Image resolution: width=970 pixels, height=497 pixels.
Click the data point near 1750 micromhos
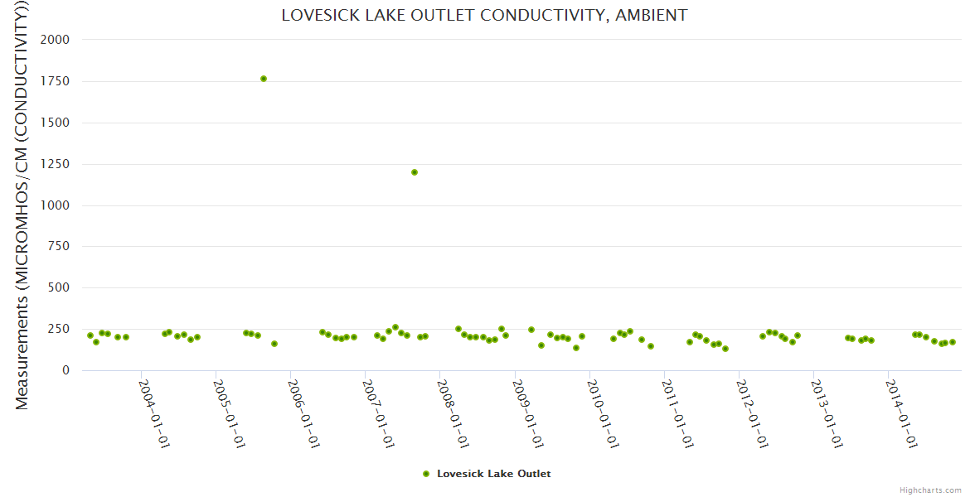[264, 79]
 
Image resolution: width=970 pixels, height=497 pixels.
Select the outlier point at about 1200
[415, 172]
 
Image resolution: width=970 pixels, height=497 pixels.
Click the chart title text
[484, 15]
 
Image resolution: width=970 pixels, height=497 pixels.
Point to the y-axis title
[22, 205]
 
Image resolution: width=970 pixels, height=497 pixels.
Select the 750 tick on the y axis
[59, 247]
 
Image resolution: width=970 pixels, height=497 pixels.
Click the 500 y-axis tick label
[59, 288]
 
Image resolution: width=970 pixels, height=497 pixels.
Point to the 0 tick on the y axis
[65, 370]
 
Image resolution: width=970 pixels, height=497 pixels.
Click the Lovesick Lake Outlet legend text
[493, 474]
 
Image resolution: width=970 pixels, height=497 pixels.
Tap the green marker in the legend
[426, 474]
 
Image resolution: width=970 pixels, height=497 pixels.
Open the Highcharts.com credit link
[930, 490]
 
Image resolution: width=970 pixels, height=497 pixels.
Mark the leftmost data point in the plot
[90, 335]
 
